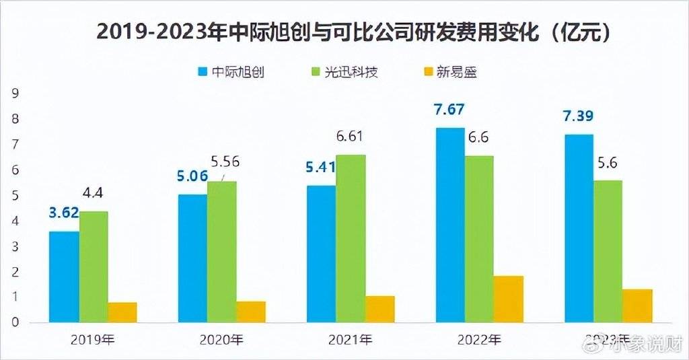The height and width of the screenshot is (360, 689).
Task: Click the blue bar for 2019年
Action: click(x=64, y=277)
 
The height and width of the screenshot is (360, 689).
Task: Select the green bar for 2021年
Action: click(x=351, y=238)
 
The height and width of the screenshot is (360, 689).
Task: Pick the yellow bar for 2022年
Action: click(x=508, y=299)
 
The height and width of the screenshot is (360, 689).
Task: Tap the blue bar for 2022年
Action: click(x=449, y=225)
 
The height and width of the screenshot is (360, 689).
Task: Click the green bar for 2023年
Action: click(x=608, y=251)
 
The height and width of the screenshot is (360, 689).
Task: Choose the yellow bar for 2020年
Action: click(x=250, y=312)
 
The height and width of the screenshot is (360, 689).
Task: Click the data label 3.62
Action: click(x=63, y=213)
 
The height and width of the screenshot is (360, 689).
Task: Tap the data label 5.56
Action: click(x=225, y=161)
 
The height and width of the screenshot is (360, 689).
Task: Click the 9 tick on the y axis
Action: click(x=15, y=94)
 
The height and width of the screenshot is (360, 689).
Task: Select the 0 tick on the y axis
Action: click(x=15, y=322)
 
